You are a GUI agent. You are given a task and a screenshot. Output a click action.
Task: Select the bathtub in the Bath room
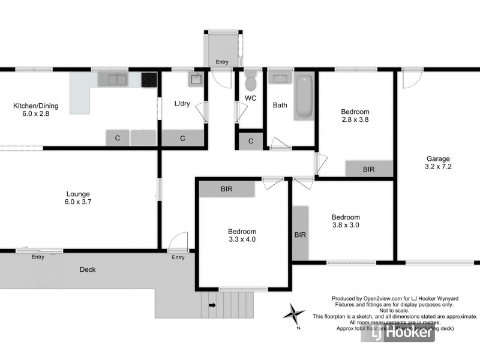[304, 96]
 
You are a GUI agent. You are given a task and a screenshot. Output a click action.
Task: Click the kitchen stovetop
[149, 79]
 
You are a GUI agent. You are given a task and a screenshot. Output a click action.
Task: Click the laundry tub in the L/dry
[196, 79]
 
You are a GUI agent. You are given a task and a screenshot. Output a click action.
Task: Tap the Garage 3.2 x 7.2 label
[439, 163]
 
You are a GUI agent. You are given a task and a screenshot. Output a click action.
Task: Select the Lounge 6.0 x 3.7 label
[78, 198]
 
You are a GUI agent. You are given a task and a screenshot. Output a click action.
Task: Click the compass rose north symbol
[293, 313]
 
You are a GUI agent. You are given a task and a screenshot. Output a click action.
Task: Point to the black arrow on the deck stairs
[212, 305]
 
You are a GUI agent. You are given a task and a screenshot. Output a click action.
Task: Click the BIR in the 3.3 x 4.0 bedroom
[226, 189]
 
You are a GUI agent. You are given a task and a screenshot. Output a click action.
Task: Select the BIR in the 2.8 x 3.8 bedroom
[368, 169]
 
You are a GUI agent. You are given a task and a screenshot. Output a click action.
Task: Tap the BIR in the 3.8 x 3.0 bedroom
[300, 235]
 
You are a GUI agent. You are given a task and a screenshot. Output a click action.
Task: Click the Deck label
[88, 270]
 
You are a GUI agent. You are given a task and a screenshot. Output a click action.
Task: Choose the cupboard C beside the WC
[251, 141]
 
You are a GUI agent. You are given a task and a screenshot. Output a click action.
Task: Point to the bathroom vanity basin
[280, 78]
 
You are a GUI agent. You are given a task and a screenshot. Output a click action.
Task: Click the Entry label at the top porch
[222, 62]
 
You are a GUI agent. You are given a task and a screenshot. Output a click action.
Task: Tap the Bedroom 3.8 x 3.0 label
[346, 221]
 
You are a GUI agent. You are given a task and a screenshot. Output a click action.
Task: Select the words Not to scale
[394, 310]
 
